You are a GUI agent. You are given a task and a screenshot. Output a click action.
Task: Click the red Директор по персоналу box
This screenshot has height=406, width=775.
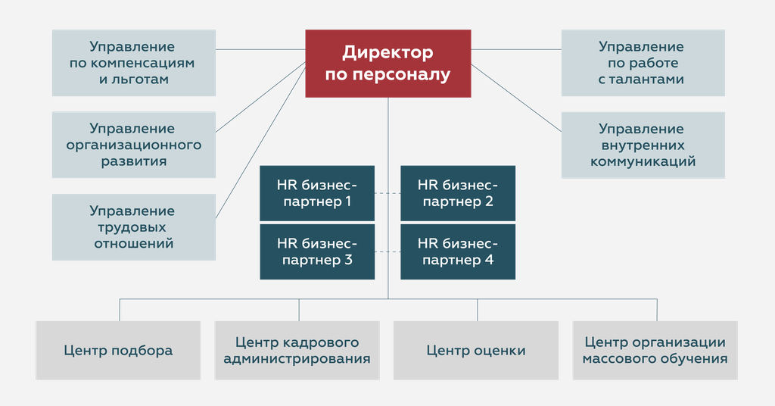(x=387, y=64)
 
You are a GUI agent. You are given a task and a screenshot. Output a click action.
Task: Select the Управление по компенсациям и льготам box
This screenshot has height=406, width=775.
(x=134, y=64)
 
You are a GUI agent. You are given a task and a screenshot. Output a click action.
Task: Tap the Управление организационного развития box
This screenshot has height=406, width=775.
(x=134, y=145)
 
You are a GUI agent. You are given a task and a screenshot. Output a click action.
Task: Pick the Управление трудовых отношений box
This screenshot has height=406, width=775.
(x=134, y=227)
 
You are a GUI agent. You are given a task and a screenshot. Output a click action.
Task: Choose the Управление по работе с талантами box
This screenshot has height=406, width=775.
(x=642, y=64)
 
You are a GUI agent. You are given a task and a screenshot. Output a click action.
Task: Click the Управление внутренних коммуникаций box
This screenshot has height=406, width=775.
(x=642, y=145)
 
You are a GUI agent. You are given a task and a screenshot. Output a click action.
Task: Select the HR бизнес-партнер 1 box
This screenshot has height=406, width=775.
(x=317, y=193)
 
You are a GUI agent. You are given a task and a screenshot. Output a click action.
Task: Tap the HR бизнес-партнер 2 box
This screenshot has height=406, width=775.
(x=458, y=193)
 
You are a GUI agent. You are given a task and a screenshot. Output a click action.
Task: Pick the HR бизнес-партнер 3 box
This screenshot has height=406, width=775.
(x=317, y=251)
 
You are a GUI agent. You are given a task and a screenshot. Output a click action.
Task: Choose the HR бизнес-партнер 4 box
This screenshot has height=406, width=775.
(x=458, y=251)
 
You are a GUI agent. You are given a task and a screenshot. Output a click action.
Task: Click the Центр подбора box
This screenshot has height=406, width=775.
(x=118, y=350)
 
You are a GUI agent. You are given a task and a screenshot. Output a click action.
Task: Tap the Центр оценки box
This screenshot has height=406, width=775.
(x=476, y=350)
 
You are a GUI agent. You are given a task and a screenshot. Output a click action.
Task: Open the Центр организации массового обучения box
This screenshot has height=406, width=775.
(x=655, y=350)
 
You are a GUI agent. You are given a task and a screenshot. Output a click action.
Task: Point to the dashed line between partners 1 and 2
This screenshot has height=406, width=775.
(x=387, y=193)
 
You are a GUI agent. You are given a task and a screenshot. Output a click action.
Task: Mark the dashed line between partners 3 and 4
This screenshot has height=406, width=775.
(x=387, y=251)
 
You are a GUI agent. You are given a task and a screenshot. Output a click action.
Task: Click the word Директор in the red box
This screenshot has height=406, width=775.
(x=387, y=53)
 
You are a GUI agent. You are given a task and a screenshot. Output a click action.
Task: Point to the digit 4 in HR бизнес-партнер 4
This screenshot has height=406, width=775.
(x=489, y=261)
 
